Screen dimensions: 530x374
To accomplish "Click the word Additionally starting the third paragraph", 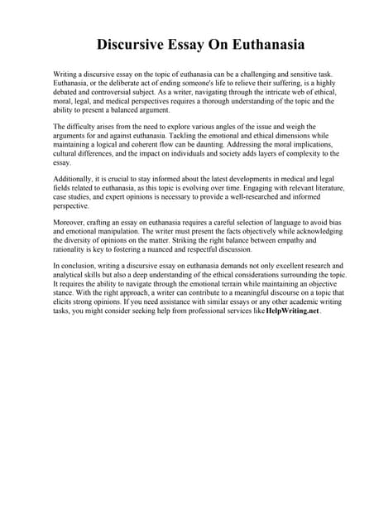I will point(76,179).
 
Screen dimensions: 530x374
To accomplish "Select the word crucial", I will point(121,179).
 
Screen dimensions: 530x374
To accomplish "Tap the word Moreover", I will point(72,223).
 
